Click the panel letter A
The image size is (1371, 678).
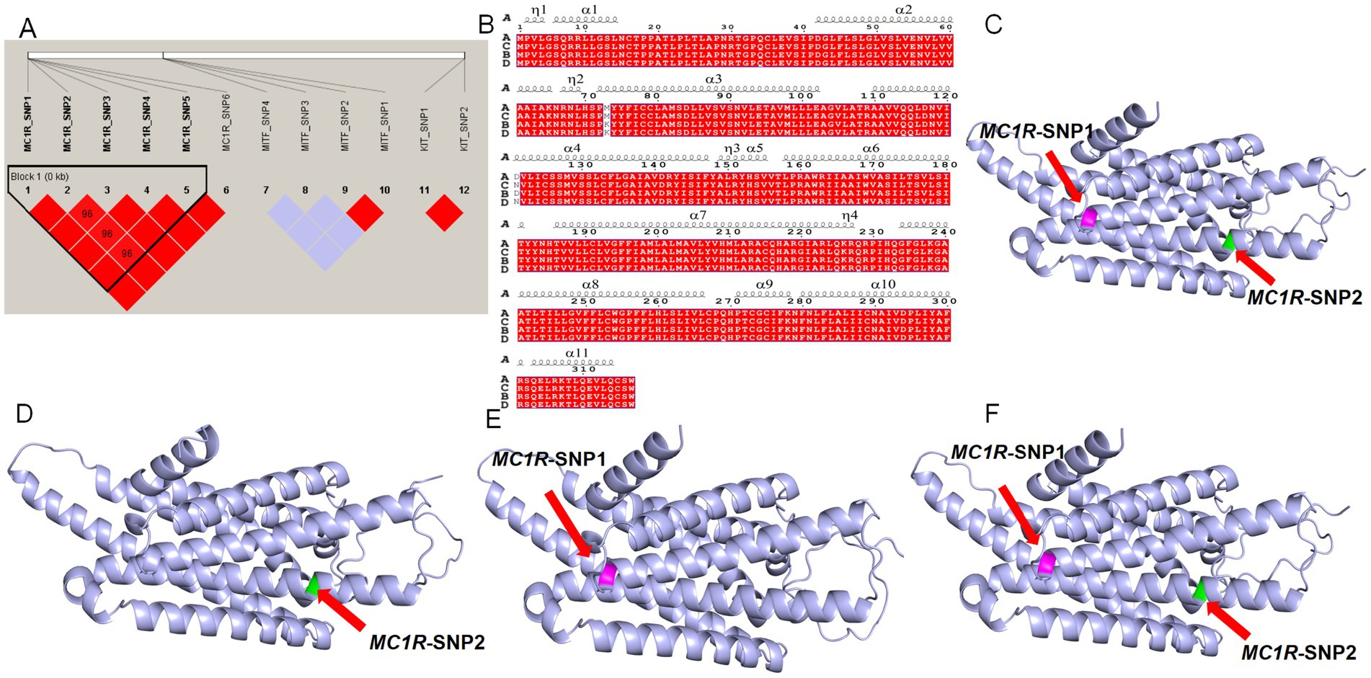pyautogui.click(x=27, y=28)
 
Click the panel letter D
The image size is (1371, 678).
pyautogui.click(x=25, y=414)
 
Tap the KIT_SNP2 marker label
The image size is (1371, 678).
pyautogui.click(x=464, y=128)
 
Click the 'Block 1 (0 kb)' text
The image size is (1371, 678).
pyautogui.click(x=40, y=177)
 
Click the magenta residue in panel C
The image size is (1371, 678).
pyautogui.click(x=1088, y=218)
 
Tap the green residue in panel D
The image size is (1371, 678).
pyautogui.click(x=312, y=586)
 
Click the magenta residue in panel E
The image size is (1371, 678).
pyautogui.click(x=608, y=574)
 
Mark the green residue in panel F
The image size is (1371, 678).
pyautogui.click(x=1200, y=590)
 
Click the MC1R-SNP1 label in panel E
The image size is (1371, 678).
pyautogui.click(x=549, y=459)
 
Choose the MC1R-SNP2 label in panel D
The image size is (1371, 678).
pyautogui.click(x=427, y=642)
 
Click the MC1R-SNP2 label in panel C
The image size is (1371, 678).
pyautogui.click(x=1305, y=297)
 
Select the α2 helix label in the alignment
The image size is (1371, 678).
pyautogui.click(x=903, y=9)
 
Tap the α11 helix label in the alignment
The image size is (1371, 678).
pyautogui.click(x=577, y=352)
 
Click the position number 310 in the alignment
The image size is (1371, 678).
pyautogui.click(x=583, y=369)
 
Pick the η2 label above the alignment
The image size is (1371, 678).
pyautogui.click(x=575, y=79)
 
